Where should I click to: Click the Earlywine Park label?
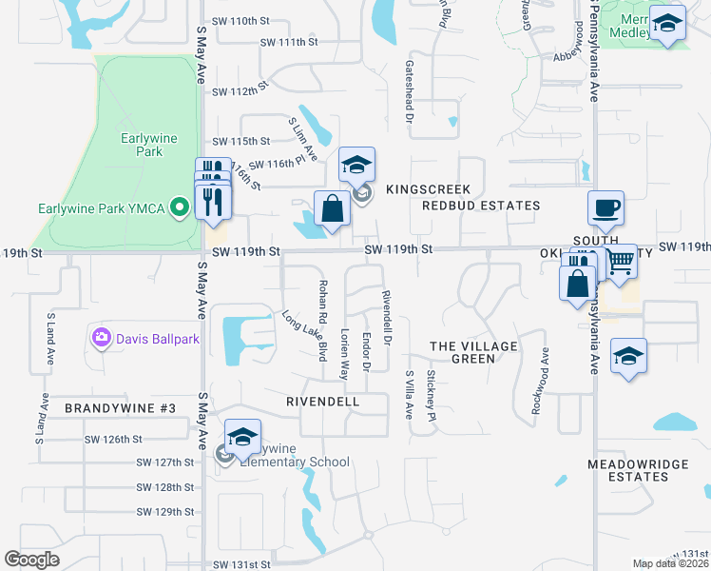click(149, 145)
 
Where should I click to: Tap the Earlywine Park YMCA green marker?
click(178, 208)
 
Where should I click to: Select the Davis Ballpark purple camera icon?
click(102, 337)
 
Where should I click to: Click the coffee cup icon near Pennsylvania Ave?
click(605, 207)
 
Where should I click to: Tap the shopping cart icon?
click(621, 261)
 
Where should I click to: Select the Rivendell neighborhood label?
click(323, 402)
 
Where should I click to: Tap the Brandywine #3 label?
click(121, 408)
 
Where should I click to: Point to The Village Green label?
click(474, 352)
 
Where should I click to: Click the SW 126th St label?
click(113, 440)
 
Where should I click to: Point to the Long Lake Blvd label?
click(305, 336)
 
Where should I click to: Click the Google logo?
click(32, 560)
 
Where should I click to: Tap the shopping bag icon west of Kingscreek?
click(332, 209)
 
